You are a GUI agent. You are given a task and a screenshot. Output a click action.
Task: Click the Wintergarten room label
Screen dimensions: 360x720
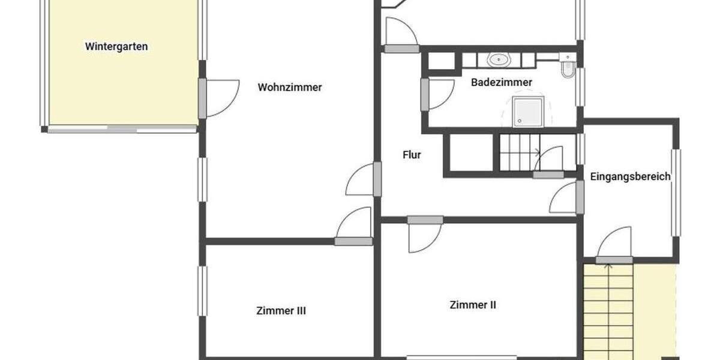click(116, 46)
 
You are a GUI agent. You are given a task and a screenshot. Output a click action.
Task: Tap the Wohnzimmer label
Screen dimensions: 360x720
click(290, 87)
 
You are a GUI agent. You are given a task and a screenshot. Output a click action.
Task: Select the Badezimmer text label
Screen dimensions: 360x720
click(502, 82)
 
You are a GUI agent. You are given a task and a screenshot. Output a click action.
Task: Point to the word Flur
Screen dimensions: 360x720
click(412, 155)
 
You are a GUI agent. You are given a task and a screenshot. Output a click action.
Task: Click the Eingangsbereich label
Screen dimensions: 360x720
click(630, 176)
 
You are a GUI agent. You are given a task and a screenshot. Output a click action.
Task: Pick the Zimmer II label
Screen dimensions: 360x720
click(473, 305)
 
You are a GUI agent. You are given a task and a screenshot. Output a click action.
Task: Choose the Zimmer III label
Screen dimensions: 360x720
click(281, 311)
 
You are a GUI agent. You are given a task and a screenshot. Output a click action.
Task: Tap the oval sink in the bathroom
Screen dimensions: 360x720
click(498, 59)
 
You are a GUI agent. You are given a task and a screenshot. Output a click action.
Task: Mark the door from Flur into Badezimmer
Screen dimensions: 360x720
click(425, 95)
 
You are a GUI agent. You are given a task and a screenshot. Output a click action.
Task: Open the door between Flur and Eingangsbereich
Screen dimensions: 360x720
click(579, 197)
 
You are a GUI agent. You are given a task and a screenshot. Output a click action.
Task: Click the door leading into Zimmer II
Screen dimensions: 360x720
click(425, 220)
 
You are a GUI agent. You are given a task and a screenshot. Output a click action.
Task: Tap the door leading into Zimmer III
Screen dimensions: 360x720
click(353, 241)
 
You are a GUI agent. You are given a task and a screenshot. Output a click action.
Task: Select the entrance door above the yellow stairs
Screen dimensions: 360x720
click(614, 259)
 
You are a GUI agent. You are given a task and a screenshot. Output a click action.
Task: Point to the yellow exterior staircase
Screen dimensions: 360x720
click(609, 312)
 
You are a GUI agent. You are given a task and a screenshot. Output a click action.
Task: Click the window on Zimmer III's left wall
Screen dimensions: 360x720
click(202, 291)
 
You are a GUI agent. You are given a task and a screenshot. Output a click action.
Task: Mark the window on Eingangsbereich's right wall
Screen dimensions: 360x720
click(676, 192)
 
